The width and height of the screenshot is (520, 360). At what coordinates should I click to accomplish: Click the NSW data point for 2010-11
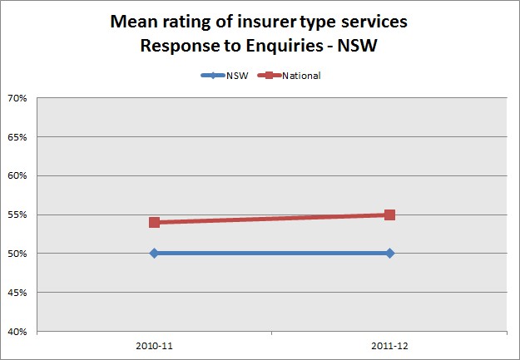[154, 253]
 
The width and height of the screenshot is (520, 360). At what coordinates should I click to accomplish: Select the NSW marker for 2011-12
[389, 253]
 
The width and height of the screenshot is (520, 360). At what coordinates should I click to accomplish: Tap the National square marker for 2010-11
[154, 222]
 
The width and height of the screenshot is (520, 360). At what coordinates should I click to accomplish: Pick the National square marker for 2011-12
[389, 215]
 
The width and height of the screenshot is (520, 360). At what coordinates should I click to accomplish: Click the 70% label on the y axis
[17, 98]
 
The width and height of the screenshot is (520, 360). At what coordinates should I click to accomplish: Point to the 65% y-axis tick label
[17, 137]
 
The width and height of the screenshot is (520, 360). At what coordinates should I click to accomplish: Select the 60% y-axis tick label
[17, 175]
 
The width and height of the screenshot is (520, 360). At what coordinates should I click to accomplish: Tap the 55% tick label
[17, 215]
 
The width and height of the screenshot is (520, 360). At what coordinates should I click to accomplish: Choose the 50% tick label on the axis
[17, 254]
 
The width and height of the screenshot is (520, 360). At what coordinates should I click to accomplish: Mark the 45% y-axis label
[17, 293]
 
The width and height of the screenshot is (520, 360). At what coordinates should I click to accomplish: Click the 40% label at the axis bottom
[17, 331]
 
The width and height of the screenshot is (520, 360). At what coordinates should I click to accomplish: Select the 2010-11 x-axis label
[154, 345]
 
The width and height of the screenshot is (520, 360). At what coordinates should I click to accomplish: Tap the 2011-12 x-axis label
[389, 345]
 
